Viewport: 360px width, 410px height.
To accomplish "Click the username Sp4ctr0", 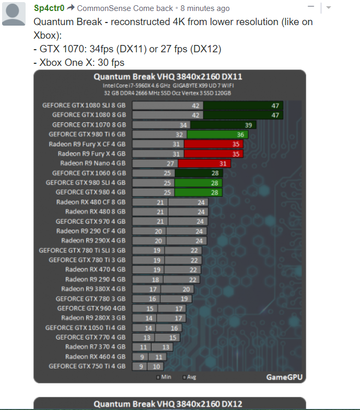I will click(49, 8).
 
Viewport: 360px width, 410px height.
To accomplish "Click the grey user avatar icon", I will click(14, 13).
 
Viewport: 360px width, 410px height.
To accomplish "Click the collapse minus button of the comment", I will click(311, 8).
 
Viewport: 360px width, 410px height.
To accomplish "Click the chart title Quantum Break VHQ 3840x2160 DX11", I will click(168, 77).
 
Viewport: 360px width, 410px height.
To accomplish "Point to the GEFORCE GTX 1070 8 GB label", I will click(89, 125).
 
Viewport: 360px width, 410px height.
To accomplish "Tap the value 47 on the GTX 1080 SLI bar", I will click(275, 106).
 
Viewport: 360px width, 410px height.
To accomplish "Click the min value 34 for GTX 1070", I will click(183, 125).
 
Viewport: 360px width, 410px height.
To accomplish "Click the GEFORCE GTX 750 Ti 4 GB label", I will click(87, 366).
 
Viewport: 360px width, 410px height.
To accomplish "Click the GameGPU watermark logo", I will click(284, 377).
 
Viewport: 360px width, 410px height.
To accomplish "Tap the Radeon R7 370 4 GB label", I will click(95, 347).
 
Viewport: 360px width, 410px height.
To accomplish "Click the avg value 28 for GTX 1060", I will click(214, 173).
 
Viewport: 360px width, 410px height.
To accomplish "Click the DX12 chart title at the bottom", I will click(168, 404).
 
